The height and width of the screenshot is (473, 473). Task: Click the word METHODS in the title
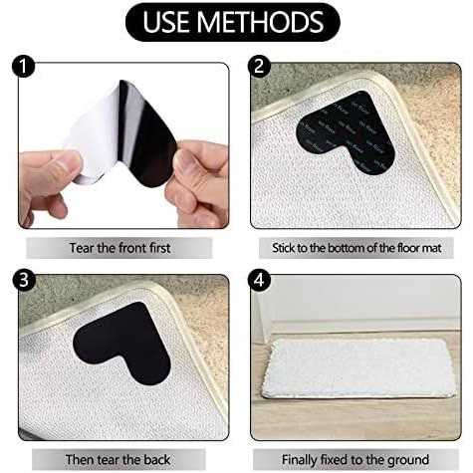262,22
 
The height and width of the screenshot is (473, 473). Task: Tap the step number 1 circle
23,67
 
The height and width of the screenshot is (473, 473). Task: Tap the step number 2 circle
259,67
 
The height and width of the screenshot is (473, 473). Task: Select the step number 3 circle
23,280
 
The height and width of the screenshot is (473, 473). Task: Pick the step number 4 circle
259,280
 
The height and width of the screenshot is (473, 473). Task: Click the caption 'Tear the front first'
119,248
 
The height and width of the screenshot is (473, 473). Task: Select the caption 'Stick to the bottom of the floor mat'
356,248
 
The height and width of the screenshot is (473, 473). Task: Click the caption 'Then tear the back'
118,460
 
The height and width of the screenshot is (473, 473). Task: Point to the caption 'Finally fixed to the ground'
355,460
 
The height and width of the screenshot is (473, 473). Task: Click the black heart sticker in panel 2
347,132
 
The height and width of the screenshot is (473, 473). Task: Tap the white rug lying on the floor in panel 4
358,367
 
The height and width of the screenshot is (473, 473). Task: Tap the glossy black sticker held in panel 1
146,132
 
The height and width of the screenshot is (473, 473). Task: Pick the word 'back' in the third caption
156,460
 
